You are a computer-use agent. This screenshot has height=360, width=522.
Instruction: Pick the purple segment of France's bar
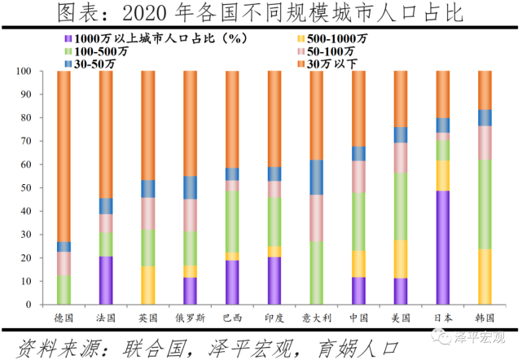point(106,280)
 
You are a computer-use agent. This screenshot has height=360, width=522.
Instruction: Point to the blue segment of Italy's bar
point(315,177)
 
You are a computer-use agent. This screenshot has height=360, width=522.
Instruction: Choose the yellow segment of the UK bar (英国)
point(147,285)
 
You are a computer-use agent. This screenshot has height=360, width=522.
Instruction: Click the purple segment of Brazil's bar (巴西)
point(231,282)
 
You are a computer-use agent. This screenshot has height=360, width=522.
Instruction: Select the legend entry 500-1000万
point(331,38)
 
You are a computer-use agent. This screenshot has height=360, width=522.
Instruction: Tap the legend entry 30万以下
point(331,63)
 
